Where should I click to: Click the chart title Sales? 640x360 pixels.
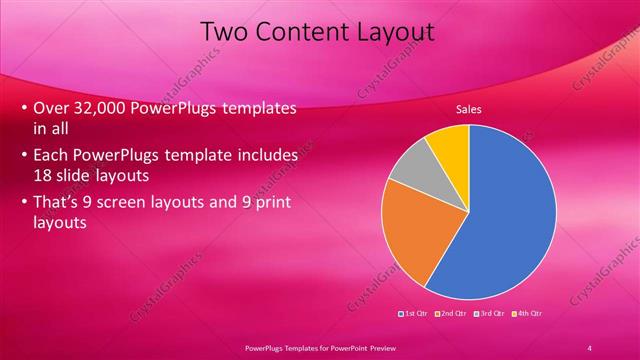pyautogui.click(x=470, y=109)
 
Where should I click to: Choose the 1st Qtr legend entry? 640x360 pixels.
pyautogui.click(x=415, y=315)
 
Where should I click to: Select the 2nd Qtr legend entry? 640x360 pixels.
pyautogui.click(x=453, y=315)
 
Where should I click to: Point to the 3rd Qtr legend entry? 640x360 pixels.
pyautogui.click(x=490, y=315)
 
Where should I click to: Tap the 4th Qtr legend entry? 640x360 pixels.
pyautogui.click(x=527, y=315)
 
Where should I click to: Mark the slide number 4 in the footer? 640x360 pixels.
pyautogui.click(x=589, y=347)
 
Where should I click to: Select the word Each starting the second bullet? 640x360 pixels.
pyautogui.click(x=52, y=156)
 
